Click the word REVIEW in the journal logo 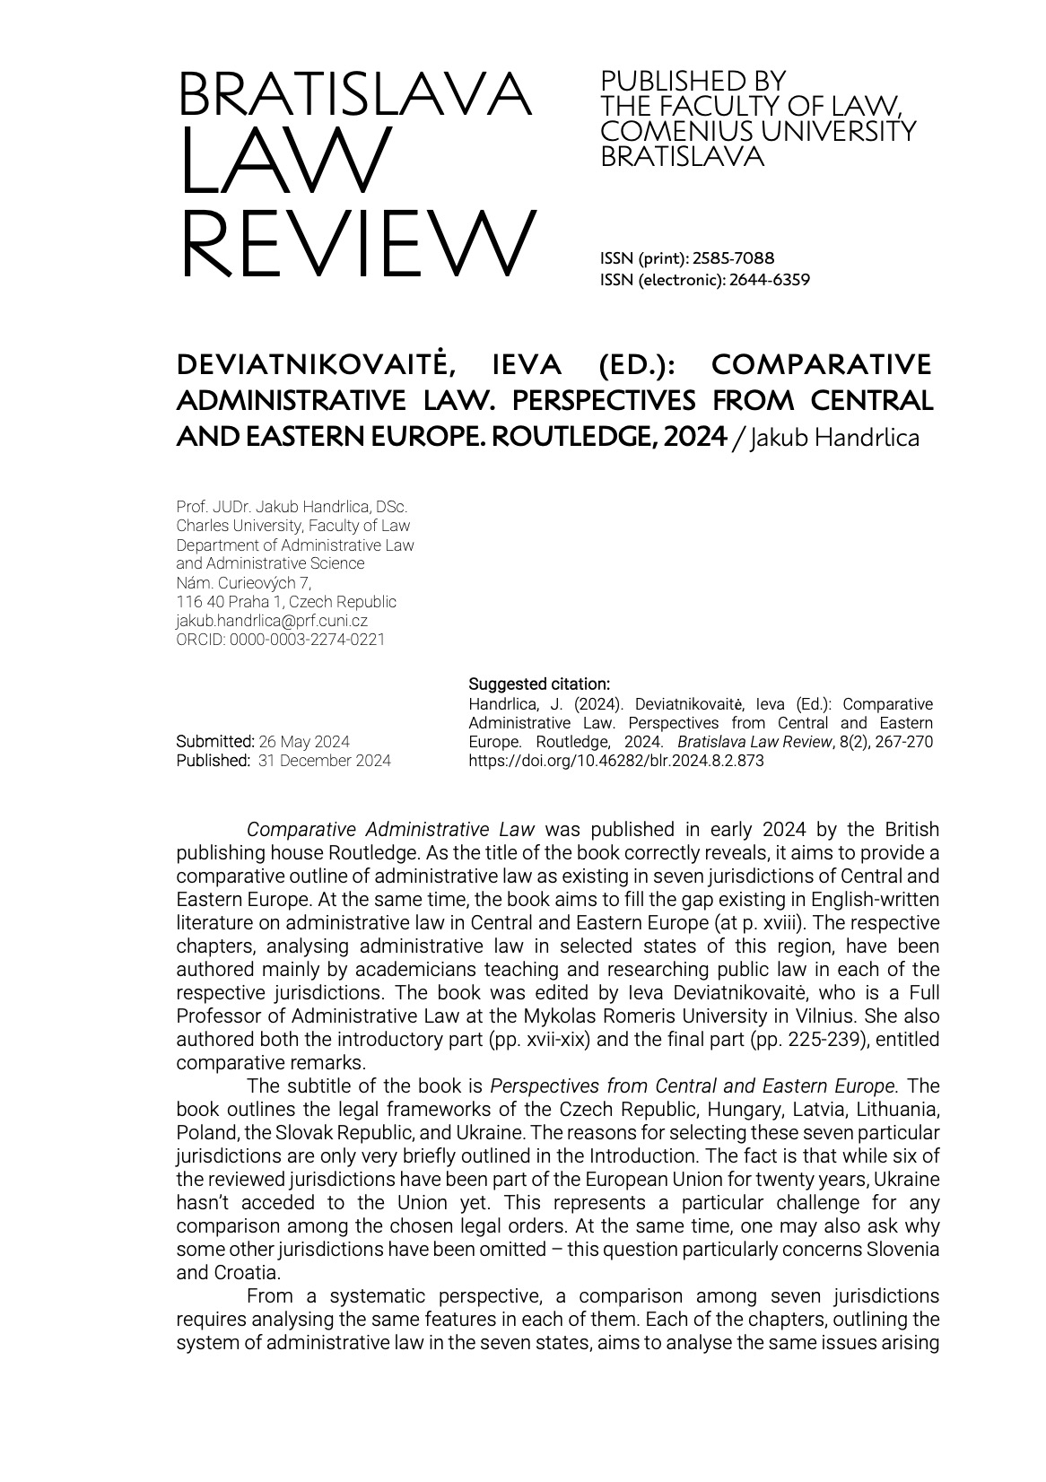pyautogui.click(x=358, y=243)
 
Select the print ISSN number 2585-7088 pyautogui.click(x=734, y=259)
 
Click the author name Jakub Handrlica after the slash pyautogui.click(x=834, y=438)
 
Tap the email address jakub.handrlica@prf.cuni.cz pyautogui.click(x=272, y=621)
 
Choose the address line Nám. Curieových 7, pyautogui.click(x=244, y=583)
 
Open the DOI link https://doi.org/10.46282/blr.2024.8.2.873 pyautogui.click(x=616, y=761)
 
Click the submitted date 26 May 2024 pyautogui.click(x=304, y=742)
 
